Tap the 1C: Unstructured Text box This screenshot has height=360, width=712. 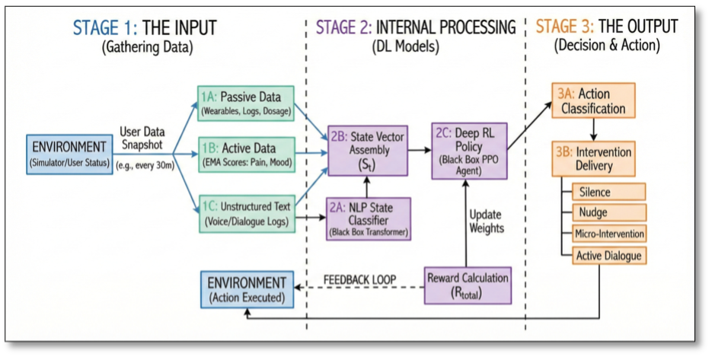coord(244,212)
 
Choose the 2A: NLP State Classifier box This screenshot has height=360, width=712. coord(369,217)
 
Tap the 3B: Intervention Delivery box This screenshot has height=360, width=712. coord(594,158)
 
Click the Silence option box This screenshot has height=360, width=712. coord(608,192)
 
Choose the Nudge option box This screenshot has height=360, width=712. coord(608,212)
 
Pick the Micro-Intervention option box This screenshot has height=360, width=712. coord(608,234)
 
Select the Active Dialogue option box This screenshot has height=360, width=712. coord(608,255)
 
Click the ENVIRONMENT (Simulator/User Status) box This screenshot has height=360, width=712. coord(69,153)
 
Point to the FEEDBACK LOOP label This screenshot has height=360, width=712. coord(359,280)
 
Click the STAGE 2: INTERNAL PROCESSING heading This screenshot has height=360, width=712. coord(416,28)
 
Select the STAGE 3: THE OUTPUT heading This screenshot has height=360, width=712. coord(608,27)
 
